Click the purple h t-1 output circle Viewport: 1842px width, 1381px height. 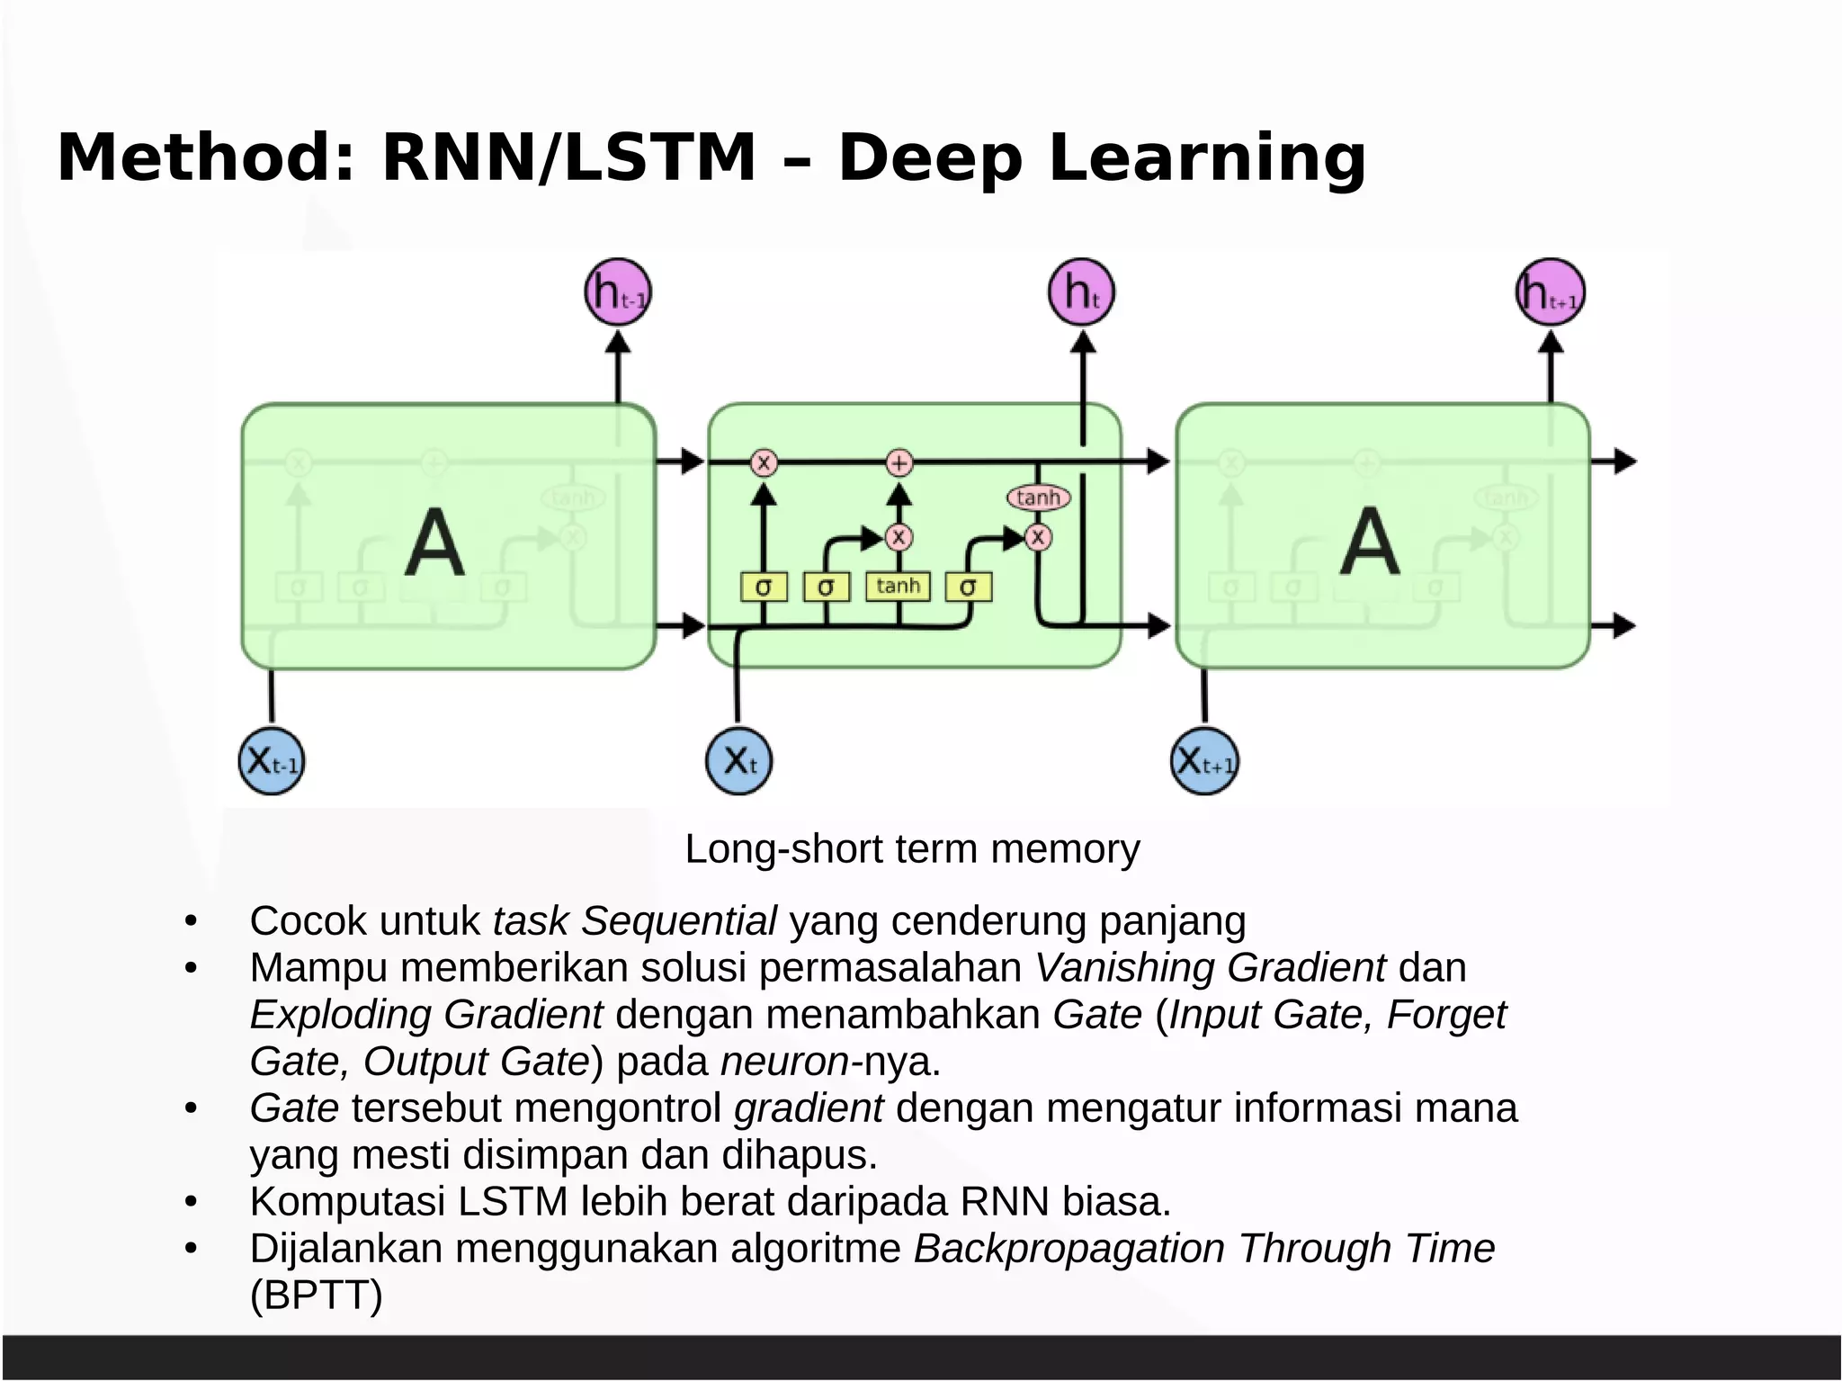(x=618, y=292)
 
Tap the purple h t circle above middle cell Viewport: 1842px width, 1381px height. (x=1081, y=292)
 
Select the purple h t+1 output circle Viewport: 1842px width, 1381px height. (x=1550, y=292)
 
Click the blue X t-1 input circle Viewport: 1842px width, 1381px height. (x=272, y=761)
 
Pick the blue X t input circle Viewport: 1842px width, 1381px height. (x=738, y=761)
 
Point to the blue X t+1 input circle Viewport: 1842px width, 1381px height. (x=1205, y=761)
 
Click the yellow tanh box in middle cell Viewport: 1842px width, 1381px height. (x=898, y=586)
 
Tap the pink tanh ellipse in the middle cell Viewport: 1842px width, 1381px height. (x=1038, y=498)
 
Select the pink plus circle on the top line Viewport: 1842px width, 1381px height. (x=899, y=463)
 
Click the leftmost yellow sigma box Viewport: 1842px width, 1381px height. (x=764, y=587)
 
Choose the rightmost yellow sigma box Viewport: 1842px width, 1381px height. (x=968, y=587)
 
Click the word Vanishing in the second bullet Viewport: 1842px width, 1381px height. (x=1124, y=968)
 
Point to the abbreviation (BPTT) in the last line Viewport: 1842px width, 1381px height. (x=317, y=1296)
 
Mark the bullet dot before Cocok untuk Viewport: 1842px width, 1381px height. (x=191, y=922)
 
